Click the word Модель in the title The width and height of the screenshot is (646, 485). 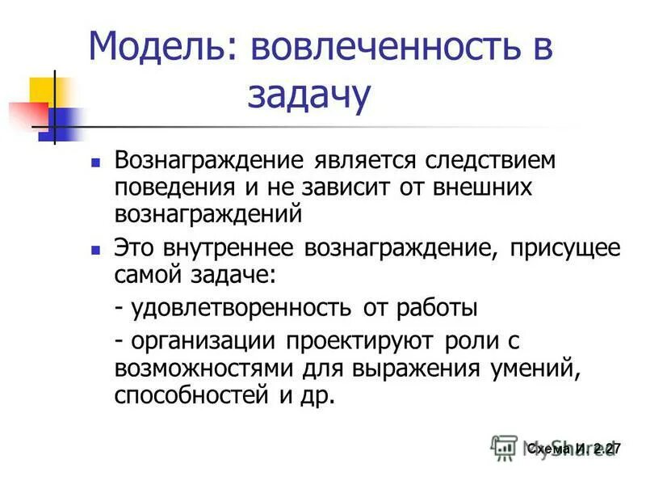[x=162, y=48]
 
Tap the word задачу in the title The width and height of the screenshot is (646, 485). [x=309, y=95]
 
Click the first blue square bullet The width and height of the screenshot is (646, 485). [x=96, y=162]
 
